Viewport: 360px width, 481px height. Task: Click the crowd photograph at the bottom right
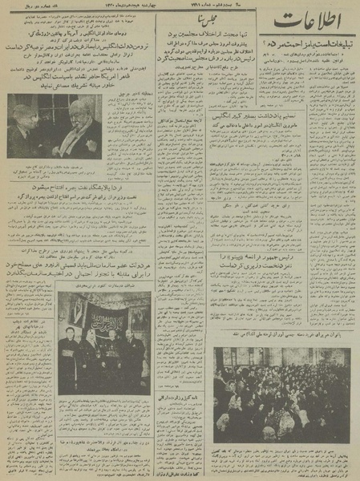[x=281, y=394]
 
